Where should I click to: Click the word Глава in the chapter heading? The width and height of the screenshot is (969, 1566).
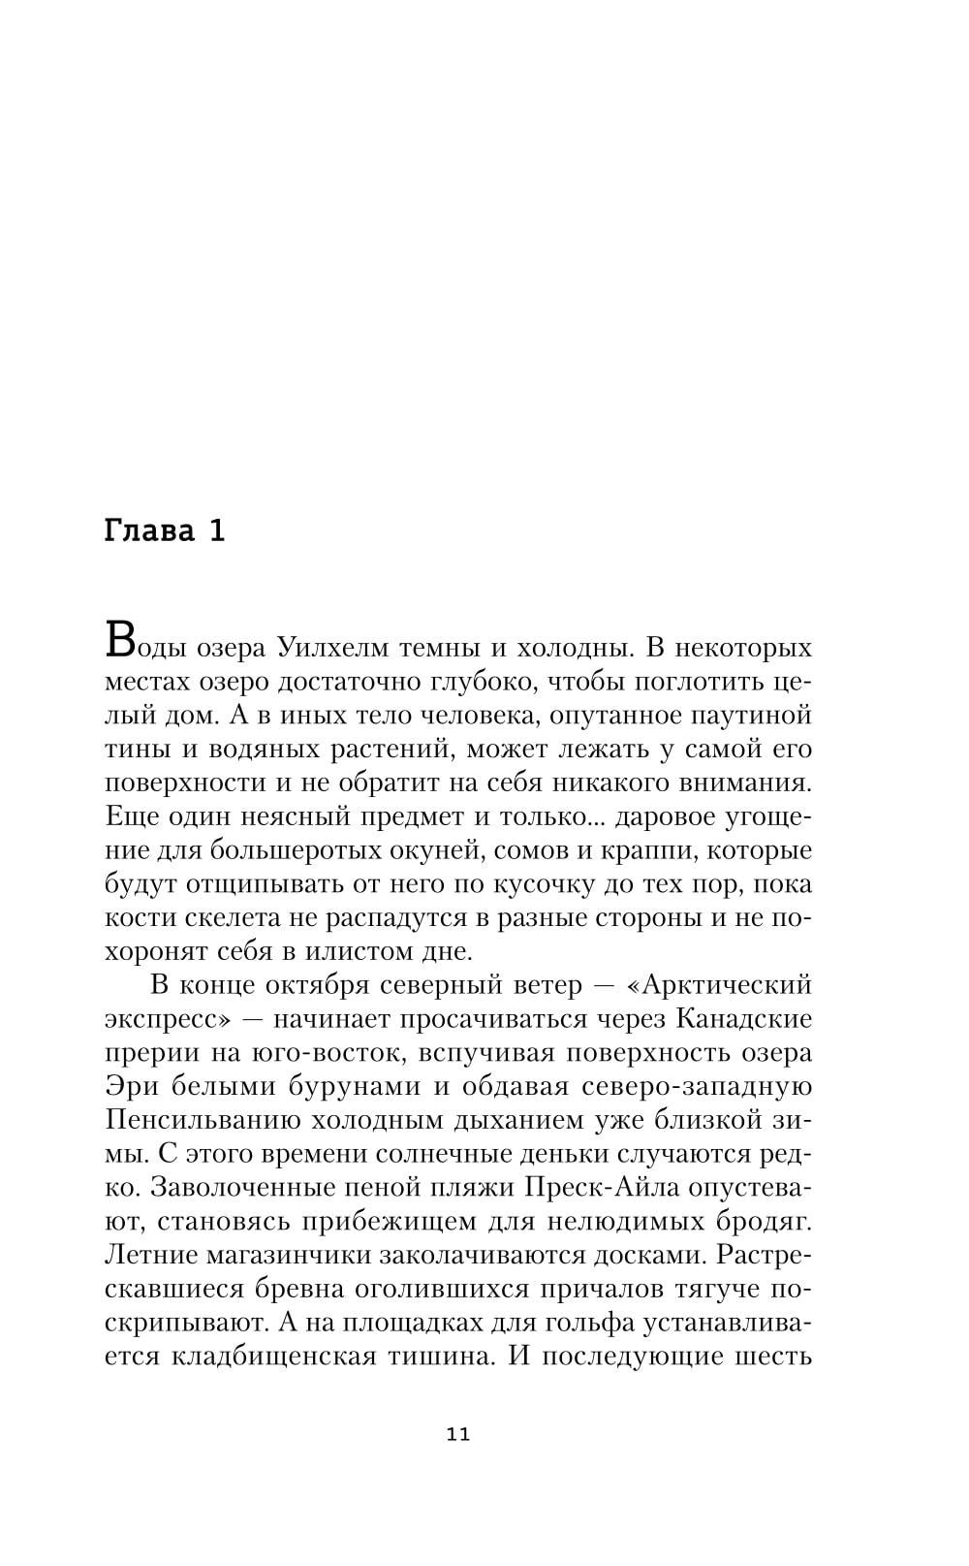point(149,531)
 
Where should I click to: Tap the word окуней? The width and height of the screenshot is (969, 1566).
point(437,850)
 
